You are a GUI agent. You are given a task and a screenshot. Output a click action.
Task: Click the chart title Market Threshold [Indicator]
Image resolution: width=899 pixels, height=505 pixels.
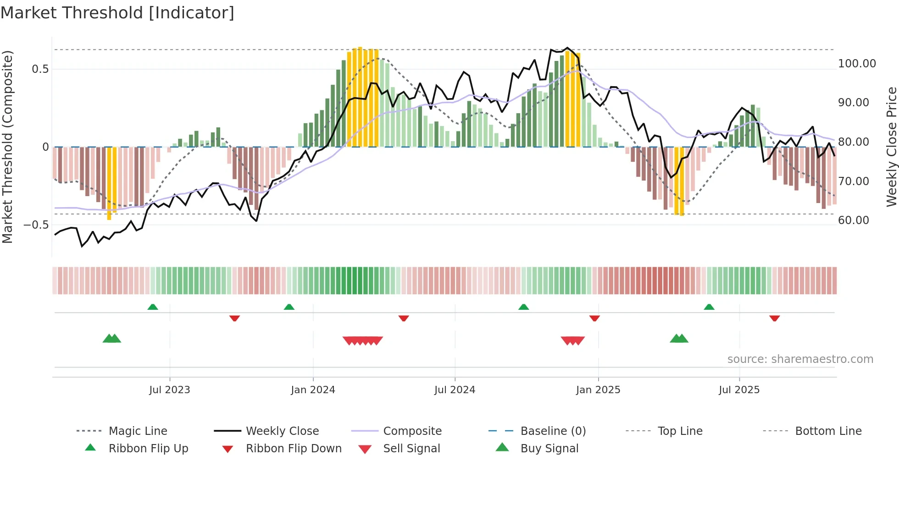pyautogui.click(x=117, y=13)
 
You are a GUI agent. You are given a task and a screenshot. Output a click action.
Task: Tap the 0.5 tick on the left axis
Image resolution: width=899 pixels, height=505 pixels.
pyautogui.click(x=40, y=69)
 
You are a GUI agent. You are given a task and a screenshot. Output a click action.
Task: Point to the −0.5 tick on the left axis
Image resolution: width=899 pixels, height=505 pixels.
pyautogui.click(x=36, y=225)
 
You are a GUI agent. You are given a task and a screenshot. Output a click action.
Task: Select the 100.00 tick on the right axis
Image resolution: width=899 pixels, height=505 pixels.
pyautogui.click(x=857, y=64)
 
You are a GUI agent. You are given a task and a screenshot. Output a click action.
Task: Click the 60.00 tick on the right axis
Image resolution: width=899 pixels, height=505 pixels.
pyautogui.click(x=853, y=220)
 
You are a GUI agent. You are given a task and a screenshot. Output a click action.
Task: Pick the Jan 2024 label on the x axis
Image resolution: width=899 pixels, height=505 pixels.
pyautogui.click(x=313, y=390)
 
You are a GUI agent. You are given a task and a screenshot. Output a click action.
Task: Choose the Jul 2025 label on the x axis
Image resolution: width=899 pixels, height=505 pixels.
pyautogui.click(x=739, y=390)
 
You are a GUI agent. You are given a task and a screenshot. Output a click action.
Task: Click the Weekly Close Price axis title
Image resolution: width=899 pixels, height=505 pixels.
pyautogui.click(x=891, y=147)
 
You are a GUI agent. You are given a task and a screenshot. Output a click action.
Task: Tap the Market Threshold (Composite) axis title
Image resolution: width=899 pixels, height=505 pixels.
pyautogui.click(x=7, y=147)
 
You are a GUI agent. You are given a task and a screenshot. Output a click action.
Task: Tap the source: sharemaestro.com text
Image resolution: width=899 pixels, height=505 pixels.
pyautogui.click(x=800, y=359)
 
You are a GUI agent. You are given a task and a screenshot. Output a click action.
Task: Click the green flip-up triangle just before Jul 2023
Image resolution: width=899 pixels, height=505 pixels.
pyautogui.click(x=153, y=307)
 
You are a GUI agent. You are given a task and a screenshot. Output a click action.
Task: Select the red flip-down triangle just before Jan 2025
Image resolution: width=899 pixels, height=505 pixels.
pyautogui.click(x=594, y=318)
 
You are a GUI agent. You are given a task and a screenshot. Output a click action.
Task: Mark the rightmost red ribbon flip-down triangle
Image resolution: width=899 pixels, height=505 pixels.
pyautogui.click(x=775, y=318)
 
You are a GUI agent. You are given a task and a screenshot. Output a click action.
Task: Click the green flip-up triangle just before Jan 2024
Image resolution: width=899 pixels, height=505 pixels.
pyautogui.click(x=289, y=307)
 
